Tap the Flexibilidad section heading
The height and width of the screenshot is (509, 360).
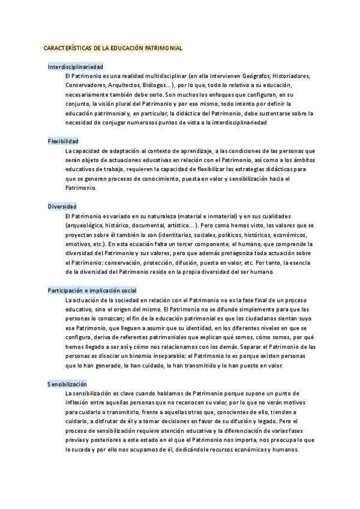click(63, 140)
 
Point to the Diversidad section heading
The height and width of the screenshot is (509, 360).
click(62, 206)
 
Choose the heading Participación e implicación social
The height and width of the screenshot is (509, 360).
click(92, 290)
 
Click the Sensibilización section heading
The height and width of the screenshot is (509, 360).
click(67, 383)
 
